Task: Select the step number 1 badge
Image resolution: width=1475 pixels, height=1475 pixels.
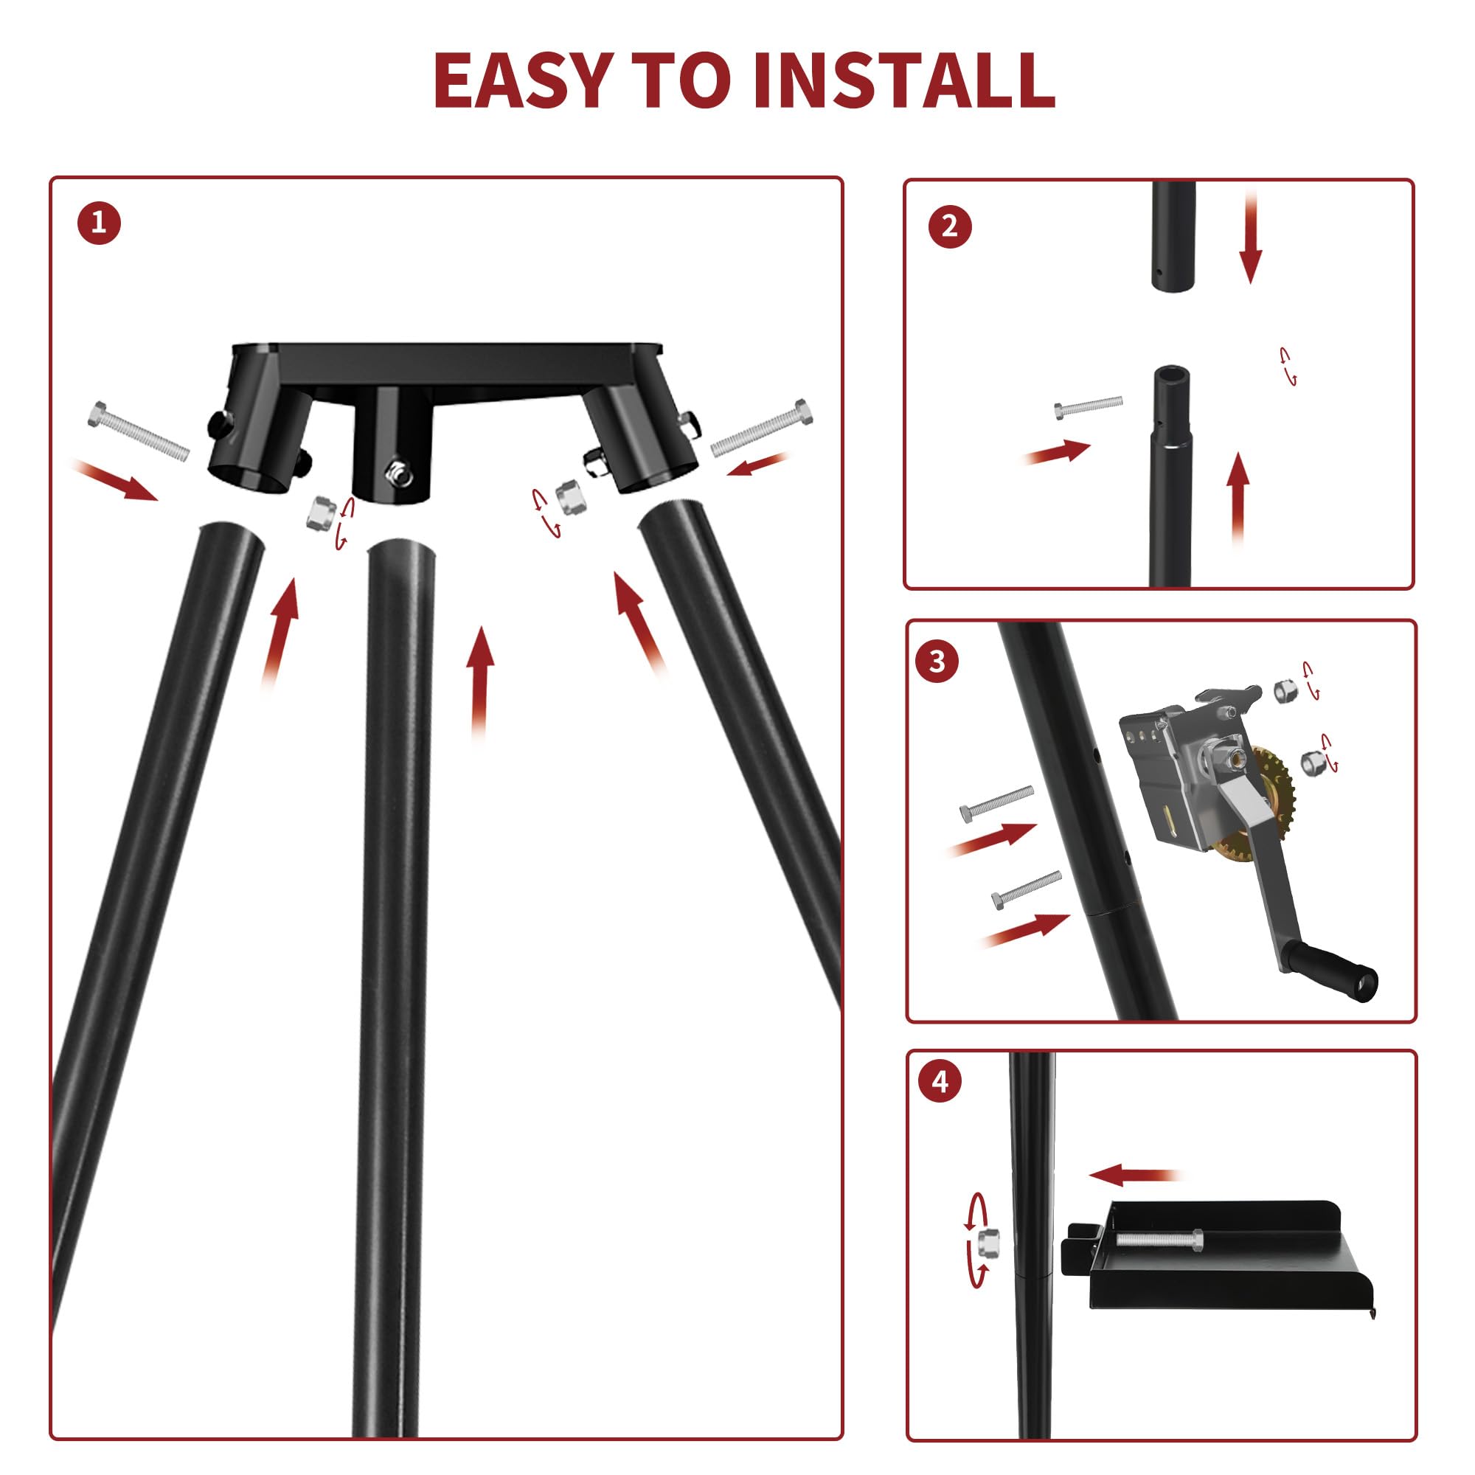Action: tap(99, 223)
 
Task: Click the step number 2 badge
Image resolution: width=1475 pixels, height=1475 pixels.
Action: tap(950, 226)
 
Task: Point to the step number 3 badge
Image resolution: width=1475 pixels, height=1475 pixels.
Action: tap(937, 661)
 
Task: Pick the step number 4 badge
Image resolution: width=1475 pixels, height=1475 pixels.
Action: tap(940, 1082)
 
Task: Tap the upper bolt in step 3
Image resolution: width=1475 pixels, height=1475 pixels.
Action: tap(996, 803)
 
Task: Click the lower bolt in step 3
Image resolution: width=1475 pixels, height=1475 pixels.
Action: tap(1026, 889)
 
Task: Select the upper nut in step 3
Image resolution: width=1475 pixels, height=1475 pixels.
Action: tap(1285, 690)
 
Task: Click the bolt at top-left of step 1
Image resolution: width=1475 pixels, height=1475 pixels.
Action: tap(138, 430)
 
